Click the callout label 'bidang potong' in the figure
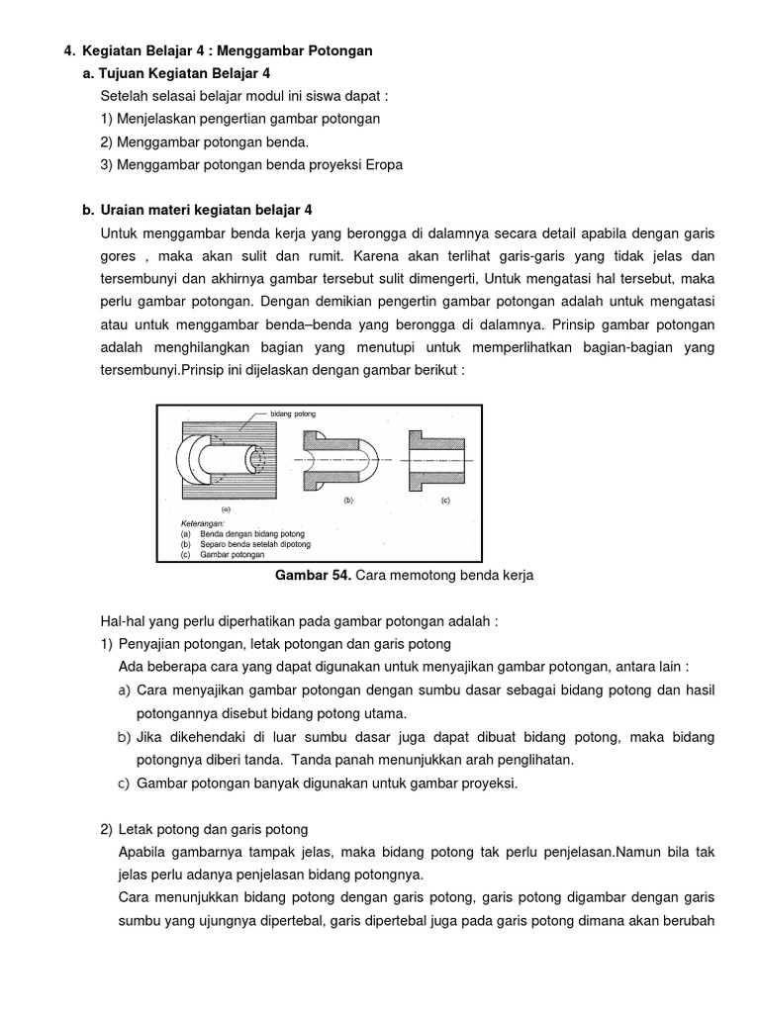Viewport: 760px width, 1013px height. coord(294,414)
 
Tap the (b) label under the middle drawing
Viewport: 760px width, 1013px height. coord(347,501)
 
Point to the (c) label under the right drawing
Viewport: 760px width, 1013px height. coord(444,501)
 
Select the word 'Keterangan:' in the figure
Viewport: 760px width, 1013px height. coord(203,522)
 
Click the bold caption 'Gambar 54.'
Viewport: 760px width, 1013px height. coord(310,577)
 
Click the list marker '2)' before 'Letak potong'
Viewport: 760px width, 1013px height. coord(106,829)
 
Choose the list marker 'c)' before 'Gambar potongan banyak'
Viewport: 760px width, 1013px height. coord(125,783)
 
